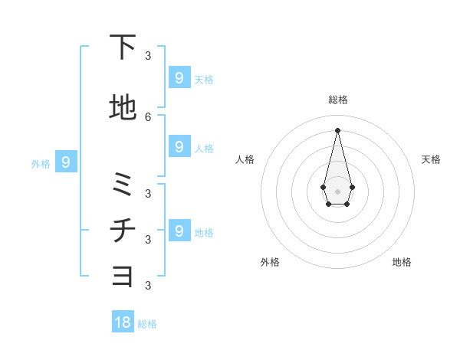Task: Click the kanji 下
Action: pyautogui.click(x=122, y=47)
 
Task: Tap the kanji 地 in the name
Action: pyautogui.click(x=122, y=108)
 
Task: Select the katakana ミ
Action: pyautogui.click(x=122, y=185)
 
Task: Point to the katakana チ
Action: pyautogui.click(x=122, y=231)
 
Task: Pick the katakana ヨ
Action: pyautogui.click(x=122, y=276)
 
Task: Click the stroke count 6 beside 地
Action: pyautogui.click(x=148, y=116)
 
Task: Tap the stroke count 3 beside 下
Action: pyautogui.click(x=148, y=55)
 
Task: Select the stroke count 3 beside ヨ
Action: pyautogui.click(x=148, y=286)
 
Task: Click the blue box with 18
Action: pyautogui.click(x=123, y=322)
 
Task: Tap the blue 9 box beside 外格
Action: pyautogui.click(x=66, y=162)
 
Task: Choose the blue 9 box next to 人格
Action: pyautogui.click(x=179, y=146)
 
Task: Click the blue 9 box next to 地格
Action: pyautogui.click(x=179, y=231)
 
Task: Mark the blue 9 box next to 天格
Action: pyautogui.click(x=179, y=77)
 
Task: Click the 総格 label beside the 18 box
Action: pyautogui.click(x=147, y=324)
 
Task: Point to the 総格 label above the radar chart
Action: pyautogui.click(x=337, y=100)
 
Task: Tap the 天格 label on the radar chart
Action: pyautogui.click(x=431, y=159)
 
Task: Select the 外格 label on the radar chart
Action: pyautogui.click(x=270, y=262)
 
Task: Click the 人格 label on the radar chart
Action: pyautogui.click(x=245, y=159)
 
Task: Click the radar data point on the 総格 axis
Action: pyautogui.click(x=337, y=129)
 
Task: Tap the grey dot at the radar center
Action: pyautogui.click(x=337, y=190)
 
